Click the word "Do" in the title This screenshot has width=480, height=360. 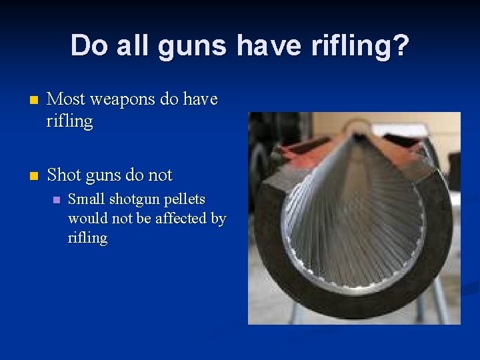point(87,46)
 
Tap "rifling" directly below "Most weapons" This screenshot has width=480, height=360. point(70,121)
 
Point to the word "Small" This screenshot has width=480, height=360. point(86,199)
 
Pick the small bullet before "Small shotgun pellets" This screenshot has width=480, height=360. point(57,200)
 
